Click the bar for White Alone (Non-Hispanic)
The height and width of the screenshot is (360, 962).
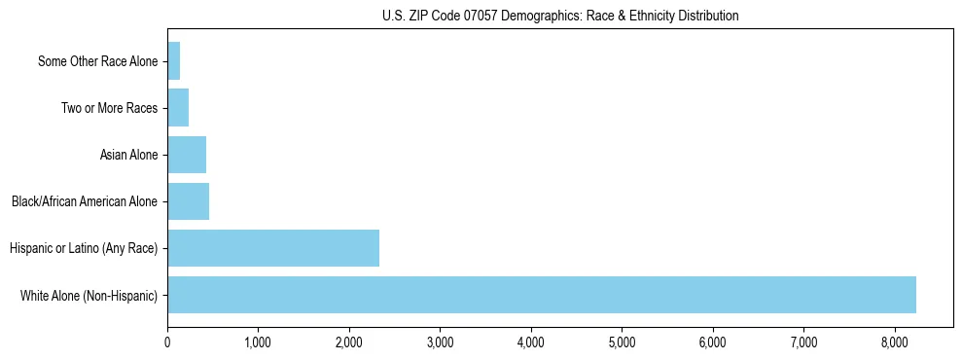click(541, 295)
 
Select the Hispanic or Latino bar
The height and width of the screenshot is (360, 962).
click(273, 248)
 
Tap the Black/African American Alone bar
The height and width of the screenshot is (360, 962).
click(188, 201)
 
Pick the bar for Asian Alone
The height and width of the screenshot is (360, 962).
click(187, 155)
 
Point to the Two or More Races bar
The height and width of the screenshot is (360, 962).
click(178, 108)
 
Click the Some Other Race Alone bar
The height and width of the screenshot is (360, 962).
click(174, 61)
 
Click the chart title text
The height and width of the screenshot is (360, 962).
click(560, 16)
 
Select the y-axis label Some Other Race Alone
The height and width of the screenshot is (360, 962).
click(97, 62)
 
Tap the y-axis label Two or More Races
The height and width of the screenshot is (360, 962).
click(109, 108)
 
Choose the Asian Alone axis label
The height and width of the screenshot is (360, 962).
click(128, 155)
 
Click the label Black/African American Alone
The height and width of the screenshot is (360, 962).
click(85, 202)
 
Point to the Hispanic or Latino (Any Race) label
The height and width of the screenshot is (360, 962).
click(84, 249)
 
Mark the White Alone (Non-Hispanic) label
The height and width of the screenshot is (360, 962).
click(89, 296)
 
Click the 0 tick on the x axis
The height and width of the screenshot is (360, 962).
click(167, 342)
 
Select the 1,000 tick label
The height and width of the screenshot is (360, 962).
click(258, 342)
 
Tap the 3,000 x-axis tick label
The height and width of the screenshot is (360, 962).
click(440, 342)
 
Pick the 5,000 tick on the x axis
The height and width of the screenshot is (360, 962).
click(622, 342)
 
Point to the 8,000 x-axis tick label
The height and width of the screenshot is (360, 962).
click(895, 342)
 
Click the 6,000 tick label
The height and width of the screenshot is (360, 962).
click(713, 342)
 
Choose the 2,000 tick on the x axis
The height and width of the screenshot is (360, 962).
click(349, 342)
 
